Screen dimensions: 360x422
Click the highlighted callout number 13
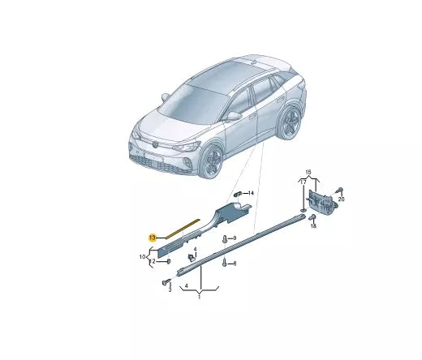click(x=153, y=237)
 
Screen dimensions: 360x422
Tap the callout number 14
click(x=252, y=193)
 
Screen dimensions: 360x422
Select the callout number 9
click(x=234, y=238)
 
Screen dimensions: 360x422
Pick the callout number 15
click(x=308, y=172)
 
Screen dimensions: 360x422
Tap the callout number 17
click(x=304, y=182)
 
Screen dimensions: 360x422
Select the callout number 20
click(x=342, y=199)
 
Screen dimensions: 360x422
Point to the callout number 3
click(x=169, y=288)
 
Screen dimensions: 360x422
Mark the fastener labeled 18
click(x=312, y=217)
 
